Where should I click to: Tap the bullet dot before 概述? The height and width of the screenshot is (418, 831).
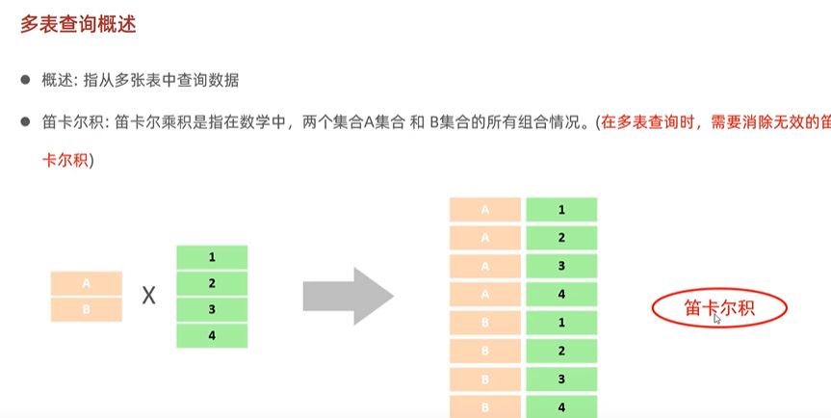point(27,81)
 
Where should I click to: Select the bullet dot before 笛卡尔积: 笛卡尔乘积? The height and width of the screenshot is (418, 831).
point(27,122)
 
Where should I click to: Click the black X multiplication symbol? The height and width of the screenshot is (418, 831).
point(149,296)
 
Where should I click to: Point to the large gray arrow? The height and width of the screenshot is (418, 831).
point(348,296)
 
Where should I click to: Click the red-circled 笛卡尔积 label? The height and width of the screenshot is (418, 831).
point(718,307)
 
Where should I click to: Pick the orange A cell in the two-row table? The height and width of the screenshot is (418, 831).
point(87,283)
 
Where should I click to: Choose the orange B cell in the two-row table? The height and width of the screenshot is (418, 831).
point(87,309)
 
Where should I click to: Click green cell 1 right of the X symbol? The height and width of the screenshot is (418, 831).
point(212,258)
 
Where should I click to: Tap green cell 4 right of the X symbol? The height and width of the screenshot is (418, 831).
point(212,334)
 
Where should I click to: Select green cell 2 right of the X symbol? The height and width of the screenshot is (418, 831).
point(212,283)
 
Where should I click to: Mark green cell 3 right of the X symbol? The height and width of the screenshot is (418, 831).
point(212,309)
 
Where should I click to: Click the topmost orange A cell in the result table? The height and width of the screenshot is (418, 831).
point(484,209)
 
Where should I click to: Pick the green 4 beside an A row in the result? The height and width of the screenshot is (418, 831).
point(561,294)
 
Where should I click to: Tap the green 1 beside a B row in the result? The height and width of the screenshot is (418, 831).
point(561,322)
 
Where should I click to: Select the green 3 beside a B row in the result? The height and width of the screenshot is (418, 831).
point(561,379)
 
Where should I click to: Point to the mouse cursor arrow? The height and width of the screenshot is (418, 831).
point(717,319)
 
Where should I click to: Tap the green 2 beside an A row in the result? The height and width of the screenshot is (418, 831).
point(561,237)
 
